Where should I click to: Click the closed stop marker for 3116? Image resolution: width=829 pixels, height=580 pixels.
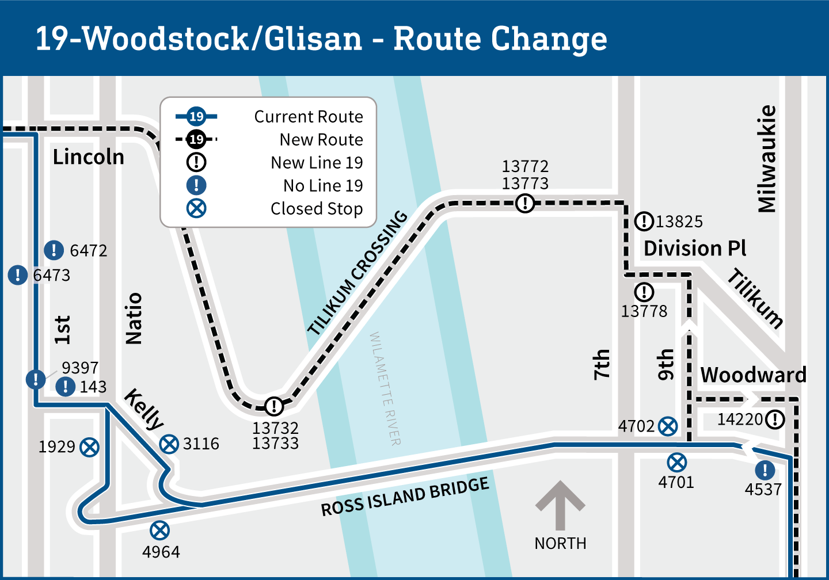(169, 444)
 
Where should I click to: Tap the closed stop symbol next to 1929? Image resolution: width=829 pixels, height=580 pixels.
(89, 447)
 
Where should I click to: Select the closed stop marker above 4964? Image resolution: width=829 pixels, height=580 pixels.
(159, 531)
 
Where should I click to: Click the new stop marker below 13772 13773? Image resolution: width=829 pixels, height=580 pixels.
(525, 203)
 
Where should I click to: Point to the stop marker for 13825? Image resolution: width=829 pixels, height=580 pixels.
(644, 222)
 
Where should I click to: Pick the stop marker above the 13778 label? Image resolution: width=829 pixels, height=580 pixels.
(644, 292)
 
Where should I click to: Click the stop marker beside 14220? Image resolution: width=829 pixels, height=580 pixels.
(775, 419)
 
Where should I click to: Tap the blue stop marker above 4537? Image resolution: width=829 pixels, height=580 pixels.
(765, 470)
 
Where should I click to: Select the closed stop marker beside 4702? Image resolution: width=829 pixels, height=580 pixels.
(668, 426)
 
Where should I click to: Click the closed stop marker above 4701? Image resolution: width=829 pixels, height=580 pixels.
(677, 463)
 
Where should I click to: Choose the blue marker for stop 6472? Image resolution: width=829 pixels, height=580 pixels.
(54, 250)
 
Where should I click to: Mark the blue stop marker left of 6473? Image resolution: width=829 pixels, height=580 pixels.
(18, 275)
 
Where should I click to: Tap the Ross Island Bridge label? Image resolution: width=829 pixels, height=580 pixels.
(405, 497)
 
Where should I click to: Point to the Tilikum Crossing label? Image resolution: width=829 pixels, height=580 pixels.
(358, 273)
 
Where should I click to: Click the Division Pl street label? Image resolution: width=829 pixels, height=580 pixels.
(694, 249)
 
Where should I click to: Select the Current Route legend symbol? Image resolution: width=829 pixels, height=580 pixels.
(196, 117)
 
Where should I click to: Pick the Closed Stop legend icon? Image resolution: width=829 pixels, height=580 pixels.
(196, 208)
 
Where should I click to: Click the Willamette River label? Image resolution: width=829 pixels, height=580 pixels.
(385, 388)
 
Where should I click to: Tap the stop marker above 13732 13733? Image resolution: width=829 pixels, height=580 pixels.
(274, 406)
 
